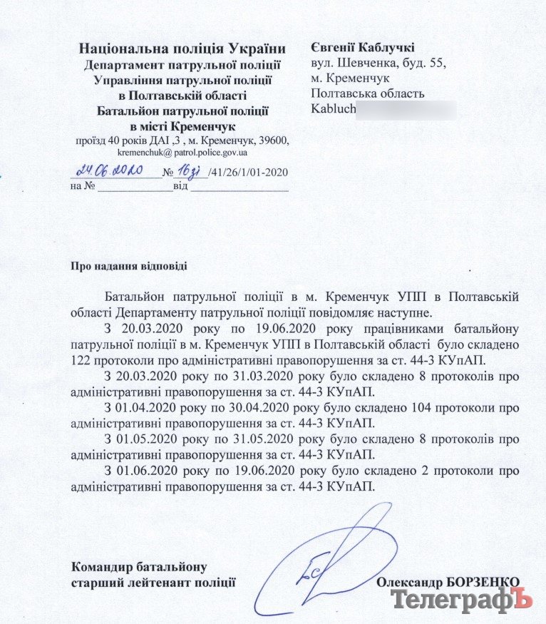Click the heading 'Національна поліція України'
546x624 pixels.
184,49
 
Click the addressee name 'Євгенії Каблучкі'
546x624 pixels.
363,48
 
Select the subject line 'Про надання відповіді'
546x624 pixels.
129,267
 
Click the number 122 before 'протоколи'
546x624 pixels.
82,359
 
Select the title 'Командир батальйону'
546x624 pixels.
140,568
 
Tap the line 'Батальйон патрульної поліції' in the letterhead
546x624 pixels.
182,111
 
